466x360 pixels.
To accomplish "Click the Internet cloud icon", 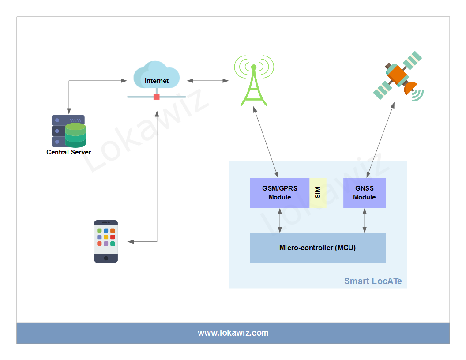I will pyautogui.click(x=156, y=76).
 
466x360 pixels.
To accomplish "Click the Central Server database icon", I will pyautogui.click(x=69, y=131).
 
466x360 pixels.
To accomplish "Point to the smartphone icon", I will pyautogui.click(x=106, y=241).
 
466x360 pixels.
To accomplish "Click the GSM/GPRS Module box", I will pyautogui.click(x=280, y=193).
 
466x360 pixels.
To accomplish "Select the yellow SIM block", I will pyautogui.click(x=318, y=193).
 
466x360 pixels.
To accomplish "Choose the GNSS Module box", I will pyautogui.click(x=365, y=193).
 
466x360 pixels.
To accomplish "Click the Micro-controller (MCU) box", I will pyautogui.click(x=318, y=248).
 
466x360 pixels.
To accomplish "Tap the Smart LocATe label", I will pyautogui.click(x=373, y=281).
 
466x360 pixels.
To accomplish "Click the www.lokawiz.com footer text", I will pyautogui.click(x=233, y=333).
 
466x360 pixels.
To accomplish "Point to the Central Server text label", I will pyautogui.click(x=69, y=152).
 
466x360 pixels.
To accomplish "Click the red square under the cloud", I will pyautogui.click(x=157, y=97).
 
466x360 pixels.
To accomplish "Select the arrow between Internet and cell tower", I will pyautogui.click(x=208, y=81).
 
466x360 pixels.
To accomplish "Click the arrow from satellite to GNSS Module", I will pyautogui.click(x=381, y=139).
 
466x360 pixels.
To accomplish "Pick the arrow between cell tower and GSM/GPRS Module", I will pyautogui.click(x=267, y=142).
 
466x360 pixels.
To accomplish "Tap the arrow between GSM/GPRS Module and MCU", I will pyautogui.click(x=280, y=221).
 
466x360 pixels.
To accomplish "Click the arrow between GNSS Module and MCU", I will pyautogui.click(x=365, y=221).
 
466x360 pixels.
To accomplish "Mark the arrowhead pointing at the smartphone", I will pyautogui.click(x=130, y=241).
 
